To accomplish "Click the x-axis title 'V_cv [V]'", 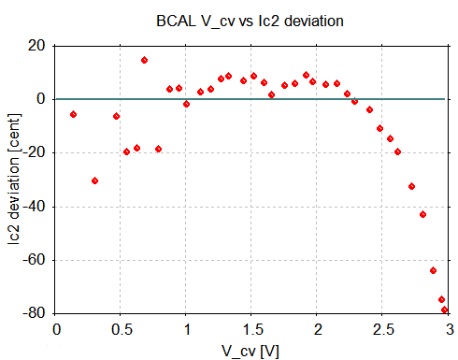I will (253, 348).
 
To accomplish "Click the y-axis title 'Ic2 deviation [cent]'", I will (14, 179).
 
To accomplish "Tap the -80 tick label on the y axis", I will (36, 313).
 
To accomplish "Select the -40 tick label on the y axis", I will (36, 206).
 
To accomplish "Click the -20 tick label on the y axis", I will (36, 152).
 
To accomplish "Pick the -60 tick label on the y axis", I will (36, 260).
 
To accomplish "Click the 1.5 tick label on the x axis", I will (252, 328).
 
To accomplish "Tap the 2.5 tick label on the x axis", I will (383, 328).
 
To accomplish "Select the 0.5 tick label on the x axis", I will (122, 328).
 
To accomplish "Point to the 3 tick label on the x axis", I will (449, 328).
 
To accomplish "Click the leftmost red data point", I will (73, 114).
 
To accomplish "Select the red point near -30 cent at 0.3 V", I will (95, 180).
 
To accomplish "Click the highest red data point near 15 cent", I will (145, 60).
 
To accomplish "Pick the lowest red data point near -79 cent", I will (445, 310).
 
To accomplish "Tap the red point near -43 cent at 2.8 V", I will (423, 214).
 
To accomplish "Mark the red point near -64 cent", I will (434, 270).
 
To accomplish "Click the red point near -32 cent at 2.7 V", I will (411, 186).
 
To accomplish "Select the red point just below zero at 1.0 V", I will (187, 104).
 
